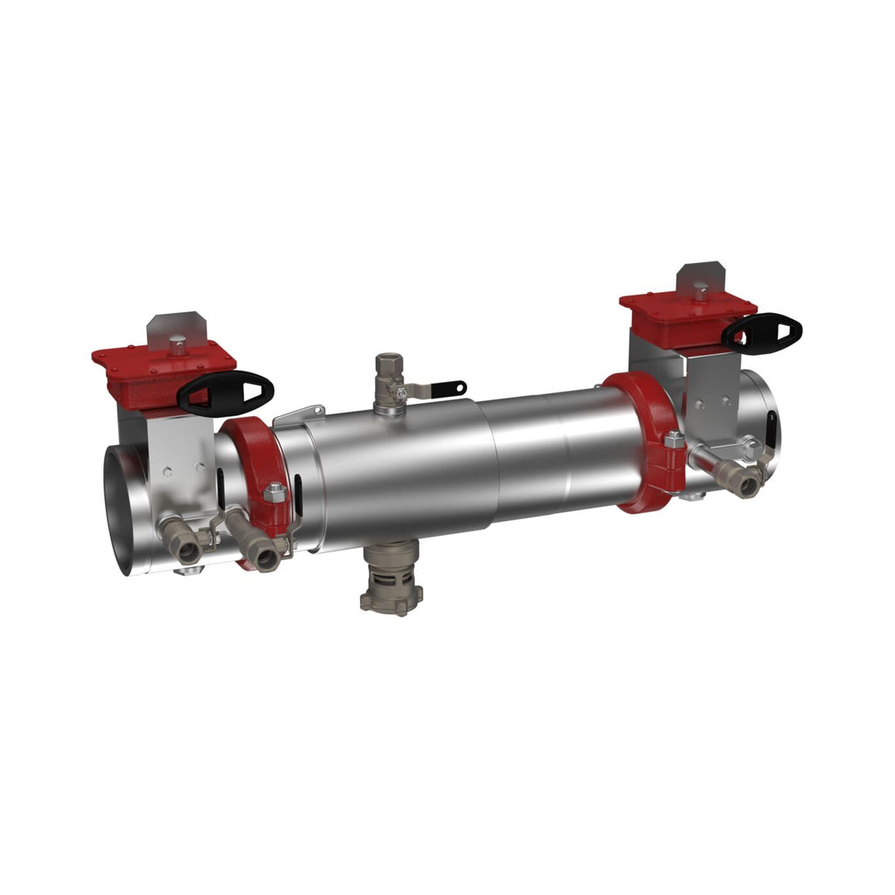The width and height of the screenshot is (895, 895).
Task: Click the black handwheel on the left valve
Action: [x=225, y=393]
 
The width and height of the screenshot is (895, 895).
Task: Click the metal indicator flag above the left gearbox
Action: [x=175, y=327]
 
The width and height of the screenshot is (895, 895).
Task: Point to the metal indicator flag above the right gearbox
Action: [x=701, y=276]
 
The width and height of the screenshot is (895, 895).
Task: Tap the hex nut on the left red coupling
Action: [x=274, y=494]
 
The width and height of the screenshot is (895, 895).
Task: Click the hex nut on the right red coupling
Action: [x=674, y=441]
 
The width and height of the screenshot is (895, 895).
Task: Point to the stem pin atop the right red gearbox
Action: [x=701, y=291]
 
